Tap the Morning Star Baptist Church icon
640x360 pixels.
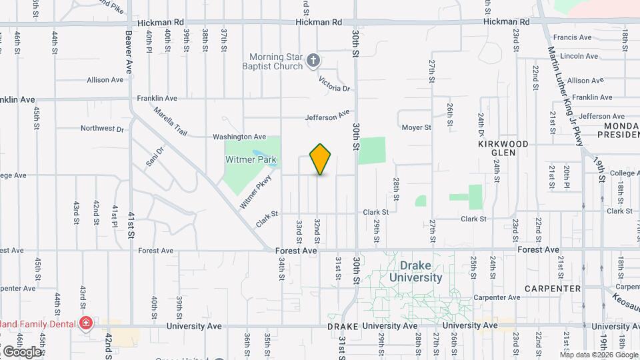[313, 62]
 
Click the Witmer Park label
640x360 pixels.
[252, 159]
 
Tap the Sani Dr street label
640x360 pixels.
[154, 158]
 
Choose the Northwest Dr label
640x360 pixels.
[102, 129]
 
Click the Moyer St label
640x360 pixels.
[416, 127]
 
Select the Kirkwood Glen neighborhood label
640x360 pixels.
[503, 148]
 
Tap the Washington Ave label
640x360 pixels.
[239, 137]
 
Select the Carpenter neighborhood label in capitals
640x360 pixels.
[553, 289]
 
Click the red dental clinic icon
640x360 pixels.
[85, 324]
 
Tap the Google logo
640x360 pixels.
[22, 352]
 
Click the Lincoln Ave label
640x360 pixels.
[579, 56]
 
